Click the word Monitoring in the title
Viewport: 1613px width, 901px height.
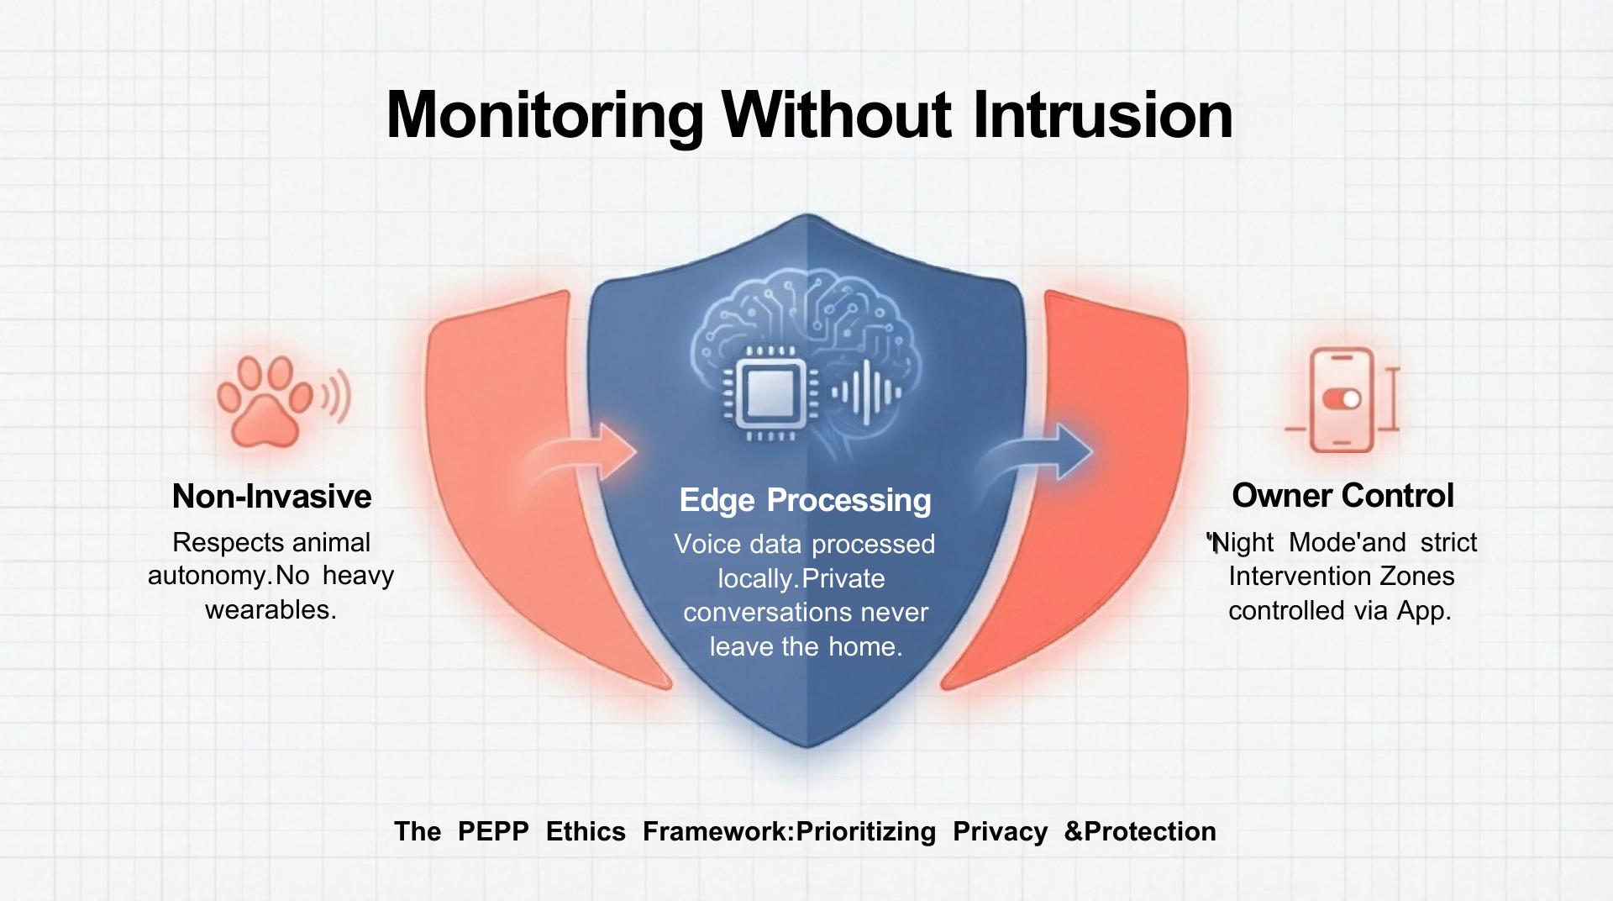click(x=544, y=116)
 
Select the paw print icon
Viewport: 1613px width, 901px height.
click(x=265, y=401)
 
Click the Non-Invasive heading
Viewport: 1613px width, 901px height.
click(x=271, y=496)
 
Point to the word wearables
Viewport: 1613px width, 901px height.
click(x=271, y=609)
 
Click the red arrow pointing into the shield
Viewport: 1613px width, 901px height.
click(x=580, y=454)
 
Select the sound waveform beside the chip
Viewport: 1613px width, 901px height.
click(x=865, y=392)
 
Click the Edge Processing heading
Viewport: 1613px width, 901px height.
click(x=805, y=500)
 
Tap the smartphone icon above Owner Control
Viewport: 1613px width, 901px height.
click(x=1342, y=400)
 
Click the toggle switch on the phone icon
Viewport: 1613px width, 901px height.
click(x=1342, y=398)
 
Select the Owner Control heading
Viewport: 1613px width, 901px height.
click(x=1342, y=496)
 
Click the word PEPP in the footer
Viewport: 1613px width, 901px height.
click(x=493, y=831)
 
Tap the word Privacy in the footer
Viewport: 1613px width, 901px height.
click(x=1000, y=832)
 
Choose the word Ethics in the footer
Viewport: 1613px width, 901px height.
click(x=586, y=831)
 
